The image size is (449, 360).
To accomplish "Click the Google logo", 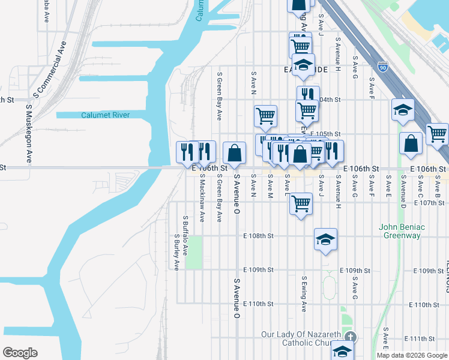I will (20, 353).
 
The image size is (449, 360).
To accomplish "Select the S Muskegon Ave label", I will (28, 134).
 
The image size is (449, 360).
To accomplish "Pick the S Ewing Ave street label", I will (304, 293).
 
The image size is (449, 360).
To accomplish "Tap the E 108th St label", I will (259, 236).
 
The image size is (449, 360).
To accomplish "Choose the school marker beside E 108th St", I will (325, 240).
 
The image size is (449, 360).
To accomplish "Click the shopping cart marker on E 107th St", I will (301, 203).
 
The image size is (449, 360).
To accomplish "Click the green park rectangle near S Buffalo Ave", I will (194, 253).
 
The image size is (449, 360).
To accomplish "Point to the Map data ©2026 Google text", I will (412, 355).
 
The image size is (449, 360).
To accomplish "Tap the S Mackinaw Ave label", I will (202, 197).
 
